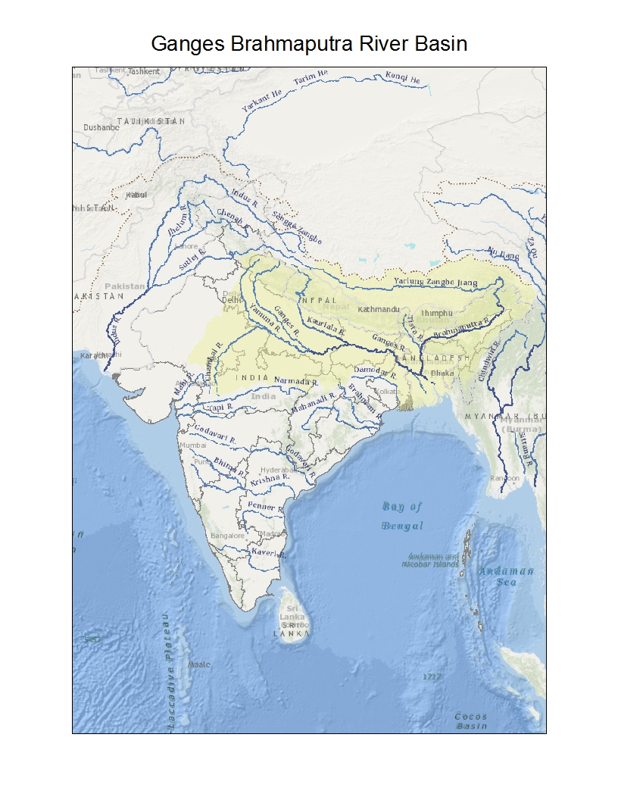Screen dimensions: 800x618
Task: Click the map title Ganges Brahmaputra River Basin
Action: [x=309, y=43]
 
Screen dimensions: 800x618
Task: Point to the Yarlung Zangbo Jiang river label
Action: [x=438, y=282]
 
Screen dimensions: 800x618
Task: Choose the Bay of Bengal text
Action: [x=402, y=516]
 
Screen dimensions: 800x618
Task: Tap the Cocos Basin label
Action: [x=471, y=720]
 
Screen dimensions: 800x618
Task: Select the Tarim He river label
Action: [x=311, y=77]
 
